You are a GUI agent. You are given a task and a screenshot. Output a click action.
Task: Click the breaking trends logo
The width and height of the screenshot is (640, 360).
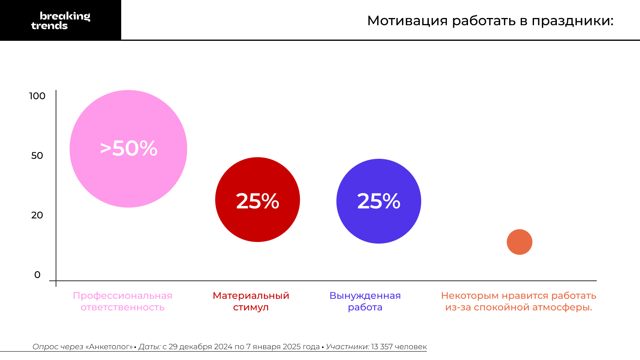(x=60, y=20)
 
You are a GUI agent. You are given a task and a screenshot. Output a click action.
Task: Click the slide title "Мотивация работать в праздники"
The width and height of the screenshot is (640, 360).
(x=490, y=20)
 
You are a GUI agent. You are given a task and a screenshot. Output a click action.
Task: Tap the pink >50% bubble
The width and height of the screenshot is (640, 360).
(x=128, y=149)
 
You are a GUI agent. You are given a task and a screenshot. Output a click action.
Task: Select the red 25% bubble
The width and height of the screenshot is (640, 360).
(x=258, y=200)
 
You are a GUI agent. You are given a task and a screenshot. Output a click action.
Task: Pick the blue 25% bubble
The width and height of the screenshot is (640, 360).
(x=379, y=201)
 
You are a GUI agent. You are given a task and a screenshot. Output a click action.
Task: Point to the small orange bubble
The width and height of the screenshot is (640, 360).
(x=520, y=242)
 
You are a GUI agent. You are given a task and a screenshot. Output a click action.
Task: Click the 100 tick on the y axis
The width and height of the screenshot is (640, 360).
(x=37, y=96)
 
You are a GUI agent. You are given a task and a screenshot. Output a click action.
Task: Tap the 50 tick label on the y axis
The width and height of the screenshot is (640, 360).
(x=37, y=156)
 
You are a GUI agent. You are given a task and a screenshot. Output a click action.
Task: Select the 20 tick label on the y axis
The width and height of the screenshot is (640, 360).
(x=37, y=215)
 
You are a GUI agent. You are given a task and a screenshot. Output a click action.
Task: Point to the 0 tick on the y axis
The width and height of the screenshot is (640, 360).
(x=37, y=275)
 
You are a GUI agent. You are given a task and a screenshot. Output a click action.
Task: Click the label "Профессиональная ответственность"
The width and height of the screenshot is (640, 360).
(x=122, y=301)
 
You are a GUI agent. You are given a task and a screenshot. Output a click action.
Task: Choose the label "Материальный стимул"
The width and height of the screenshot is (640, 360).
(x=251, y=301)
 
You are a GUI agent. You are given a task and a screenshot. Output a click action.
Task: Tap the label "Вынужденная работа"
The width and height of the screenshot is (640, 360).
(x=365, y=301)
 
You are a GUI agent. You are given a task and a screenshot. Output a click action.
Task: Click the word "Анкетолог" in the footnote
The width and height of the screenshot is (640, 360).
(x=109, y=347)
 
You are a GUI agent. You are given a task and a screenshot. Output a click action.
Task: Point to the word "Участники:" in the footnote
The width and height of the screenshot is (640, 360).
(x=347, y=347)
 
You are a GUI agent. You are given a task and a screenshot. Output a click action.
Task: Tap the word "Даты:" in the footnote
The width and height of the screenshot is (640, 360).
(x=149, y=347)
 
